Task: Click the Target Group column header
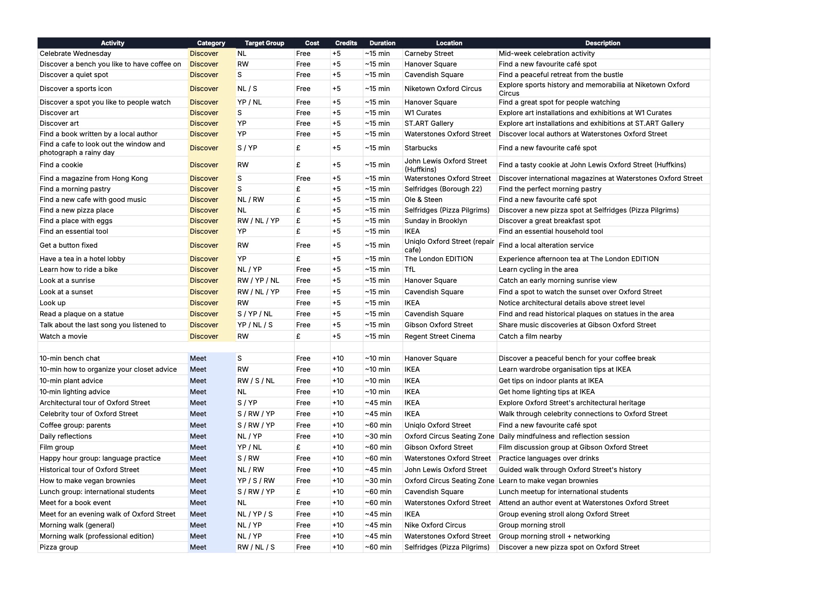[264, 43]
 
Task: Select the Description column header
[602, 43]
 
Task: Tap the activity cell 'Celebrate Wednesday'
[75, 54]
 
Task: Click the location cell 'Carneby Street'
[429, 54]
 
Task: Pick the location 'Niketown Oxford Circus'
[443, 89]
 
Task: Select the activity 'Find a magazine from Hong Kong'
[94, 179]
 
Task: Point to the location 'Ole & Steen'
[423, 200]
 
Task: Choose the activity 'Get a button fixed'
[69, 246]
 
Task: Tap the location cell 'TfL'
[410, 270]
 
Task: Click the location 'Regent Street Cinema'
[440, 337]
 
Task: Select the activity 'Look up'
[52, 303]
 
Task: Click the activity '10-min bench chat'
[69, 359]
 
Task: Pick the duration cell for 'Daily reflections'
[378, 437]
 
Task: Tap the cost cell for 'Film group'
[298, 448]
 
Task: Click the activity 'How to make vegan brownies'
[87, 481]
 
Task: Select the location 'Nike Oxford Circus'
[435, 525]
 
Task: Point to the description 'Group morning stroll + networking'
[554, 536]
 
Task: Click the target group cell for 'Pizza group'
[256, 547]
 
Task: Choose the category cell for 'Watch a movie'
[204, 337]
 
